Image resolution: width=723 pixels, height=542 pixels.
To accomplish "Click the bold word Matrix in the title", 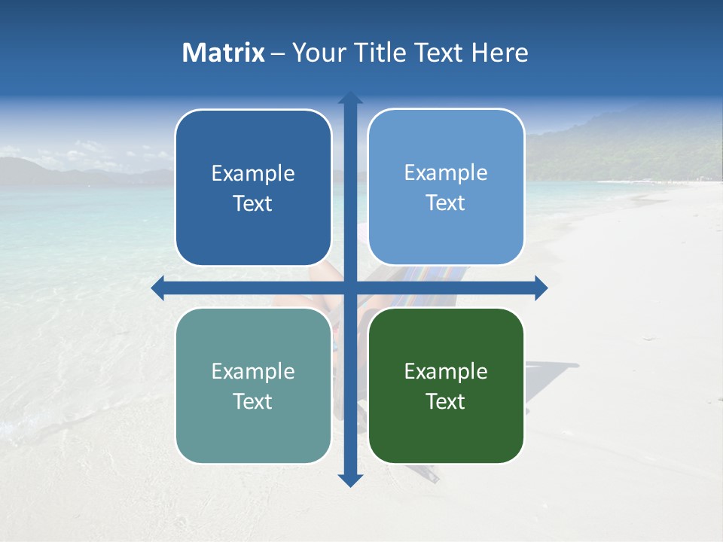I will pos(224,53).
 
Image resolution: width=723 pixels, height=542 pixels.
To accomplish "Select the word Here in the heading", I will pos(499,53).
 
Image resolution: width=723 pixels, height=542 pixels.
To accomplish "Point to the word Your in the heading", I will pos(319,53).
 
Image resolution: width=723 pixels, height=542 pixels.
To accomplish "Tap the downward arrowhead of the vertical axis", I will pos(350,480).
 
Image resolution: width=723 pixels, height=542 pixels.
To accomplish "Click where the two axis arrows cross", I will pos(350,288).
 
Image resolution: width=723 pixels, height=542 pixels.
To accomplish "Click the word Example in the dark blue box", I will pos(253,174).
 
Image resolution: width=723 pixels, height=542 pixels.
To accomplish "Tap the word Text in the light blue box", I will pos(446,203).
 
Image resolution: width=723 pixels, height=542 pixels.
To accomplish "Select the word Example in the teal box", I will pos(253,372).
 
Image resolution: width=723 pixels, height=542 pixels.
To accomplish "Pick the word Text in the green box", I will pos(446,401).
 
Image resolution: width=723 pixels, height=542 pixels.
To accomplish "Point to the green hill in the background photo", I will pos(648,147).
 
